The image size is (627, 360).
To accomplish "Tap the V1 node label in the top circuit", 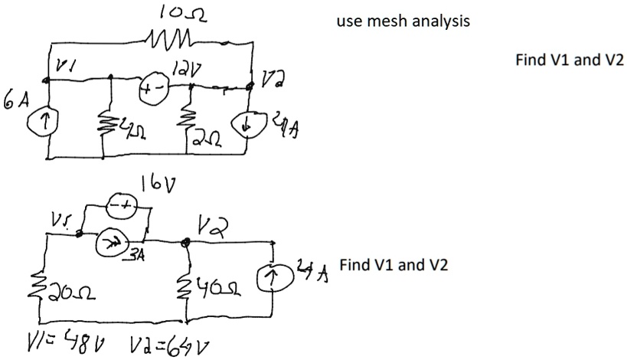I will tap(59, 68).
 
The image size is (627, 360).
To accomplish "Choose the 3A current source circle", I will tap(109, 243).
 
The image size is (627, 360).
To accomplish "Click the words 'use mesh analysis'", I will tap(403, 21).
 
